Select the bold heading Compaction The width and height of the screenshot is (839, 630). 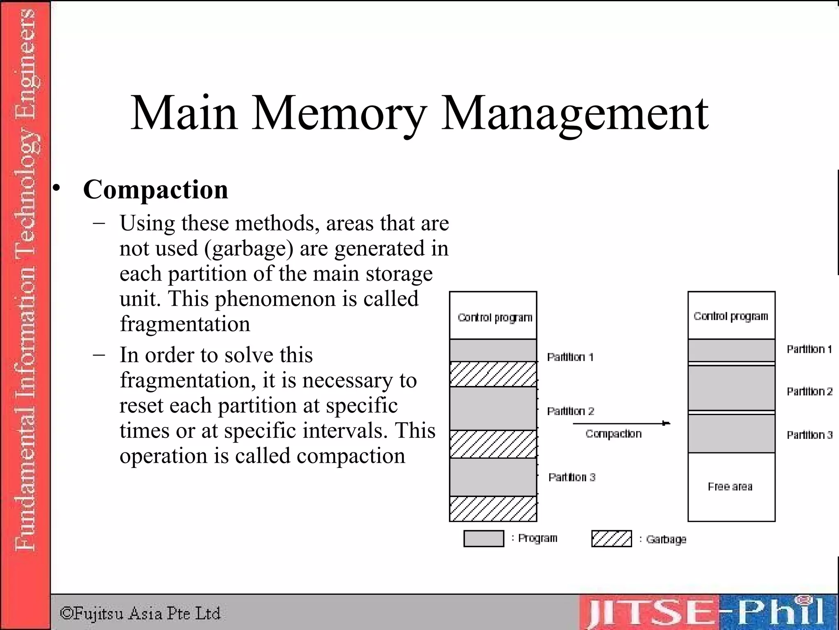(155, 189)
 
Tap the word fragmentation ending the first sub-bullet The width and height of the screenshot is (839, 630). (185, 324)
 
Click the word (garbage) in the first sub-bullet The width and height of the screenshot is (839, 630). (249, 249)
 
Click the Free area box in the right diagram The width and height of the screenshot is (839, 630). (731, 487)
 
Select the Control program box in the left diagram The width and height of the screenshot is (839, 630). (493, 316)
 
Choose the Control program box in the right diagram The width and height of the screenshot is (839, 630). (731, 315)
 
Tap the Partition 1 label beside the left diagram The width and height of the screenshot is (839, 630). (570, 357)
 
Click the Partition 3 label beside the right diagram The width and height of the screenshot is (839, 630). (810, 435)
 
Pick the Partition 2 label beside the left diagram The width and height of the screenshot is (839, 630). (570, 411)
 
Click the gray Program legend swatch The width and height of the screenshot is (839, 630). (483, 539)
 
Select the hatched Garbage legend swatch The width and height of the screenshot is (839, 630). (611, 539)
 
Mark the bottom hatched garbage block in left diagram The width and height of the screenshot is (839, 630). (493, 509)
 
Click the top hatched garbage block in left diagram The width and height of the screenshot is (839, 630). (493, 374)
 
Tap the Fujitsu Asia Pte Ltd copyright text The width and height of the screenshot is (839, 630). (140, 614)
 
